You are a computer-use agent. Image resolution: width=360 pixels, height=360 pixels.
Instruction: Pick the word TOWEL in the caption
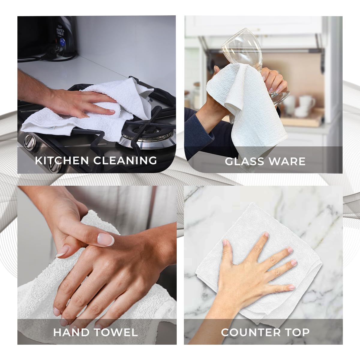coord(116,332)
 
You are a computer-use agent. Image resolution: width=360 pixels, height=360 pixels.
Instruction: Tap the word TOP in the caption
coord(297,332)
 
